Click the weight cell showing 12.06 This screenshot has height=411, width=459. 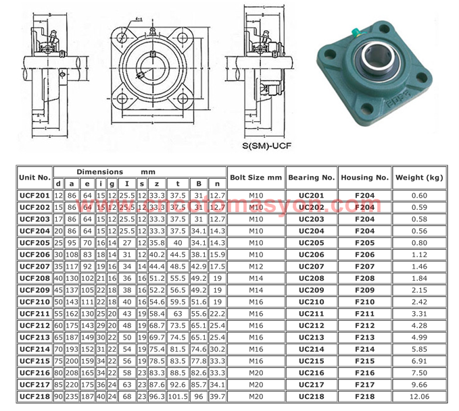pos(418,395)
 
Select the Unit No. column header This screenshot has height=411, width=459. pos(34,177)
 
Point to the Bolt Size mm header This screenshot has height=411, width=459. pos(256,177)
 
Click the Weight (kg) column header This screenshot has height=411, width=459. pos(418,177)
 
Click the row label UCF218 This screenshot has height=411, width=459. pos(34,395)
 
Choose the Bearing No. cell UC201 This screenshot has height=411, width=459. pos(311,195)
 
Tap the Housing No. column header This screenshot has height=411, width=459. pos(364,177)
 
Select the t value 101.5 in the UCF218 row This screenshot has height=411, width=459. pos(178,395)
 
